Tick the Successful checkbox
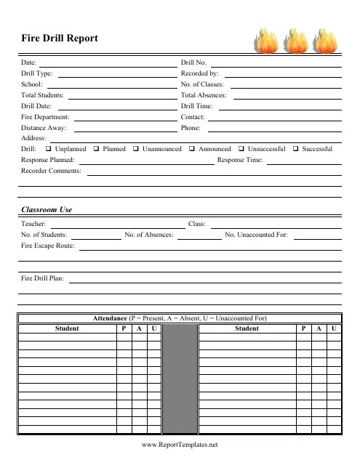tap(295, 149)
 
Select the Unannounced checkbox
tap(136, 149)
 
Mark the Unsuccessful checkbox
tap(241, 149)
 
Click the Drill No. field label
tap(193, 63)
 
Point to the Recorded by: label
tap(199, 73)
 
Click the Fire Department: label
tap(45, 116)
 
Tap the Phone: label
tap(191, 127)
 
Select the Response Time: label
tap(240, 159)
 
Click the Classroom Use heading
tap(47, 209)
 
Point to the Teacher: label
tap(34, 224)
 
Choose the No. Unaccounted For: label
tap(257, 235)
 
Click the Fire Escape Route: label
tap(48, 246)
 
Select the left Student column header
tap(68, 328)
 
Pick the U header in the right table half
tap(333, 328)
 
